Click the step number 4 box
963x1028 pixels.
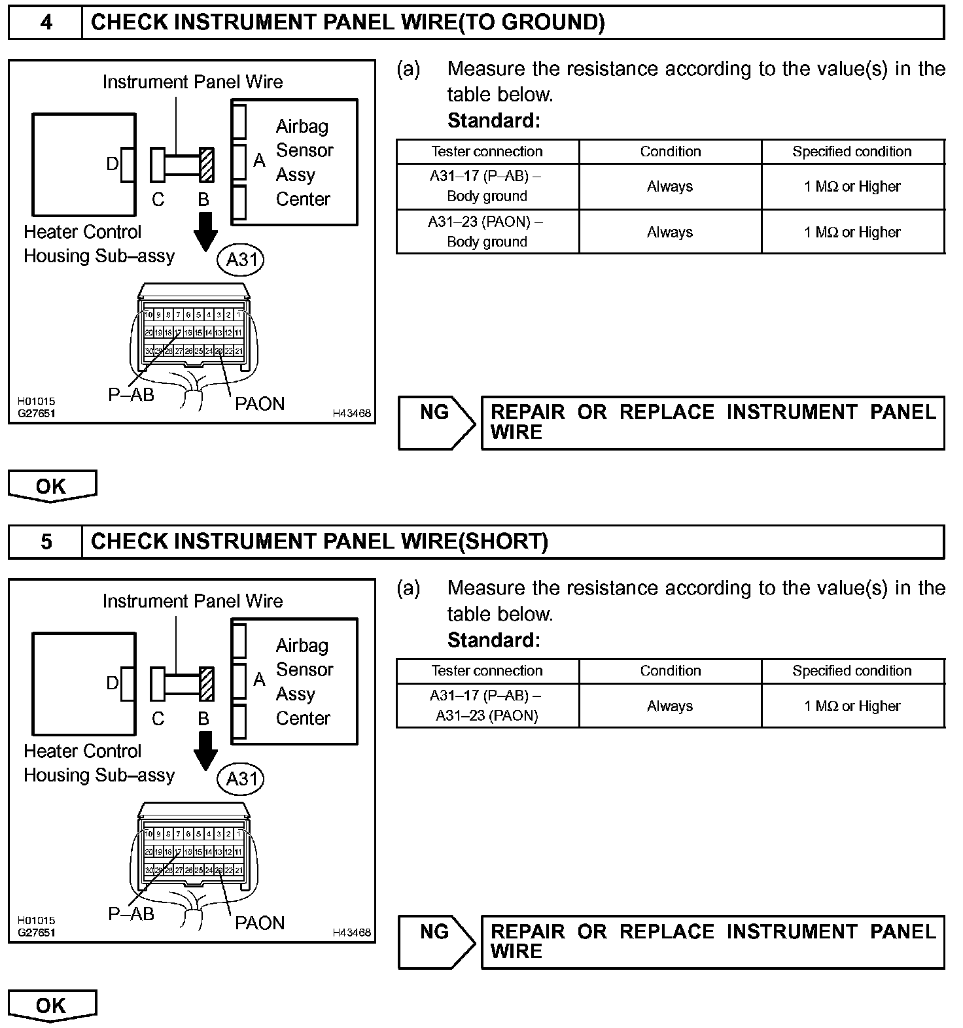[x=46, y=23]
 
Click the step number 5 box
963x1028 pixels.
[x=46, y=542]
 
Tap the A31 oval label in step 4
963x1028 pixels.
[x=241, y=260]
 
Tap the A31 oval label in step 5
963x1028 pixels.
[x=241, y=780]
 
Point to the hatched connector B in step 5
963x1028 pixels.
[x=207, y=684]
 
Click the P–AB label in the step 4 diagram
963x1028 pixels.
[x=131, y=394]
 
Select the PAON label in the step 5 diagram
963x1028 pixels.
[x=260, y=923]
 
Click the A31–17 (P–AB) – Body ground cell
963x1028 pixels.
[x=487, y=186]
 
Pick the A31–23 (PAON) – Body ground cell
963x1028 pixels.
[x=487, y=231]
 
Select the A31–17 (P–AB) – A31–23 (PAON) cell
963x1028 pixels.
[x=487, y=706]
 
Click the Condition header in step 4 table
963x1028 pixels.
[x=670, y=152]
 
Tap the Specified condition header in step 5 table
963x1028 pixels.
[x=852, y=671]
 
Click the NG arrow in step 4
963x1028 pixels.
[x=436, y=423]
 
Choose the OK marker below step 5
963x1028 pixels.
[x=52, y=1006]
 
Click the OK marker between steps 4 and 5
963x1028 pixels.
[x=52, y=487]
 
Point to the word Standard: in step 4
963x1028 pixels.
[x=494, y=121]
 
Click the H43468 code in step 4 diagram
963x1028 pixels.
[x=351, y=413]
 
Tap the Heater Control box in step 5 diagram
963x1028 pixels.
[x=84, y=683]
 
